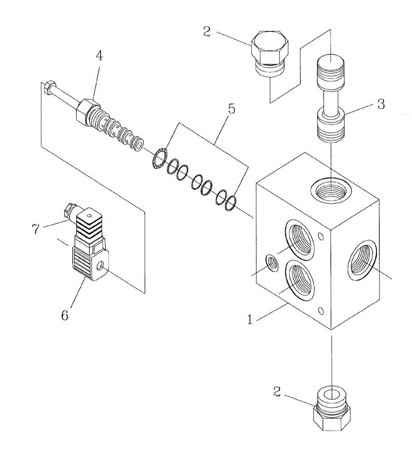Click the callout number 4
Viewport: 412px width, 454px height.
[99, 56]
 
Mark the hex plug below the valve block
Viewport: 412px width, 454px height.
[332, 413]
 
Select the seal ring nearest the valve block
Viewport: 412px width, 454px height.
[231, 203]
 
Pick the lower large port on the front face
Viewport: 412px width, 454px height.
[299, 283]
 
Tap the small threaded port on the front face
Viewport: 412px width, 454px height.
[272, 262]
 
